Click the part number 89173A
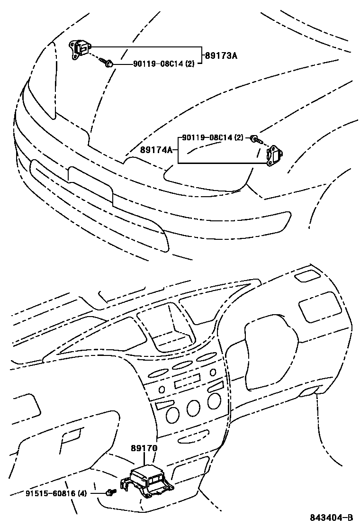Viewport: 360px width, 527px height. pyautogui.click(x=221, y=55)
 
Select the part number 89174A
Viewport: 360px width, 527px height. pyautogui.click(x=156, y=150)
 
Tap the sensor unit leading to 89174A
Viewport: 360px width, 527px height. pyautogui.click(x=274, y=156)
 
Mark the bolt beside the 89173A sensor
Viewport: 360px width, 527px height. pyautogui.click(x=107, y=62)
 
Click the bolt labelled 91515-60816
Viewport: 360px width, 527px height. pyautogui.click(x=111, y=493)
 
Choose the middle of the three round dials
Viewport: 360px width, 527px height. pyautogui.click(x=193, y=408)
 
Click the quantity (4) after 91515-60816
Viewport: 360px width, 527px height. pyautogui.click(x=82, y=493)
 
